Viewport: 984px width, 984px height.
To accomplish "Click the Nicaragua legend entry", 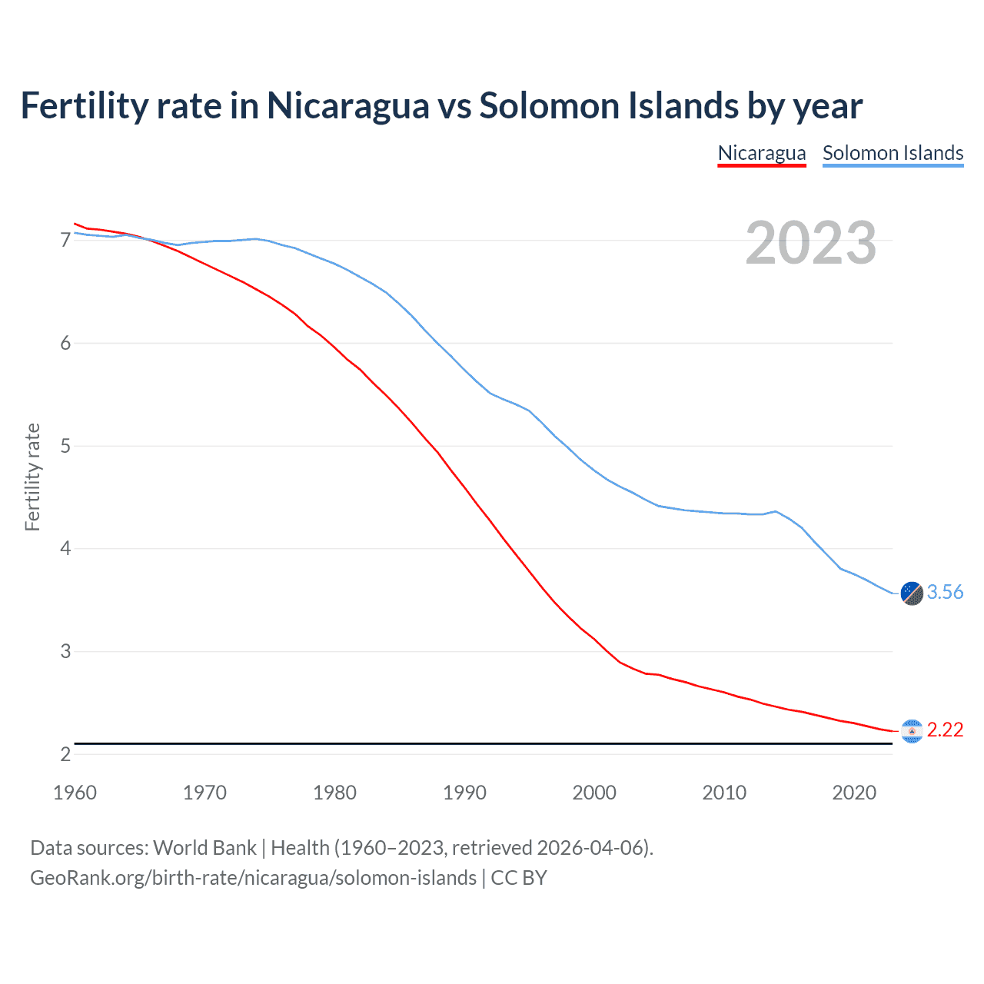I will tap(761, 153).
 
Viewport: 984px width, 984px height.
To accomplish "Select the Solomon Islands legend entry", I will tap(893, 153).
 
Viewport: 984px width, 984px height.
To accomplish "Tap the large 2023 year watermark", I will tap(810, 243).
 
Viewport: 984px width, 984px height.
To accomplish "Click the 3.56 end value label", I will tap(945, 592).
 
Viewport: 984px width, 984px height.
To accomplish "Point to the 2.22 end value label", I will tap(945, 730).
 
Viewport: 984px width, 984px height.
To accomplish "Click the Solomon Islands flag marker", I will tap(912, 593).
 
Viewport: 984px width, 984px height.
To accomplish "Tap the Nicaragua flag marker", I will tap(912, 731).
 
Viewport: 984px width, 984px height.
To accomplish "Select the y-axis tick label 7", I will tap(65, 241).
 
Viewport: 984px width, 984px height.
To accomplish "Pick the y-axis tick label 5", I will tap(65, 446).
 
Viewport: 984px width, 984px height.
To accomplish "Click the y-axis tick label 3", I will tap(65, 652).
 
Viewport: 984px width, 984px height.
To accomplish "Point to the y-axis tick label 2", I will tap(65, 755).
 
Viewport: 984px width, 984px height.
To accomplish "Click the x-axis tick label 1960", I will tap(75, 793).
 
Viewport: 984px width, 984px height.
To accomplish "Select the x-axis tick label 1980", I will tap(334, 793).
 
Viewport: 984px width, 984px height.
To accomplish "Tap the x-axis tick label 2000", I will tap(594, 793).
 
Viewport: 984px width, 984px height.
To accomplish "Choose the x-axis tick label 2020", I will tap(854, 793).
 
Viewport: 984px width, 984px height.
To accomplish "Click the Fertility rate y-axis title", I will tap(32, 477).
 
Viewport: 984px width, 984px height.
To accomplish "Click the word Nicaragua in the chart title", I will tap(347, 105).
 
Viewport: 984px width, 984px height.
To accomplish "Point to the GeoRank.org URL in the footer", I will tap(253, 878).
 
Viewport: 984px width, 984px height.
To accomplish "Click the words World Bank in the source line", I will tap(204, 848).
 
